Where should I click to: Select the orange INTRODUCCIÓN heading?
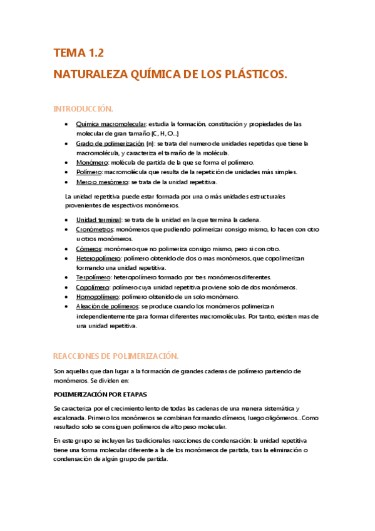[x=83, y=109]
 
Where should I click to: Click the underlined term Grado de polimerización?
[x=109, y=143]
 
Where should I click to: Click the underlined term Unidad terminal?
[x=98, y=220]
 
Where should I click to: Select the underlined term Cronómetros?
[x=95, y=230]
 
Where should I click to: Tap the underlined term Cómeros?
[x=88, y=249]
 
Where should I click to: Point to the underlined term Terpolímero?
[x=94, y=277]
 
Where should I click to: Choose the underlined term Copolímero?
[x=93, y=287]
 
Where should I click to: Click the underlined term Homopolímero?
[x=97, y=297]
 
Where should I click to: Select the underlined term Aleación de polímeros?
[x=107, y=306]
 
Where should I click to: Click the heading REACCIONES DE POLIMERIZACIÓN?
[x=116, y=356]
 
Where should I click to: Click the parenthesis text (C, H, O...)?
[x=165, y=134]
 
